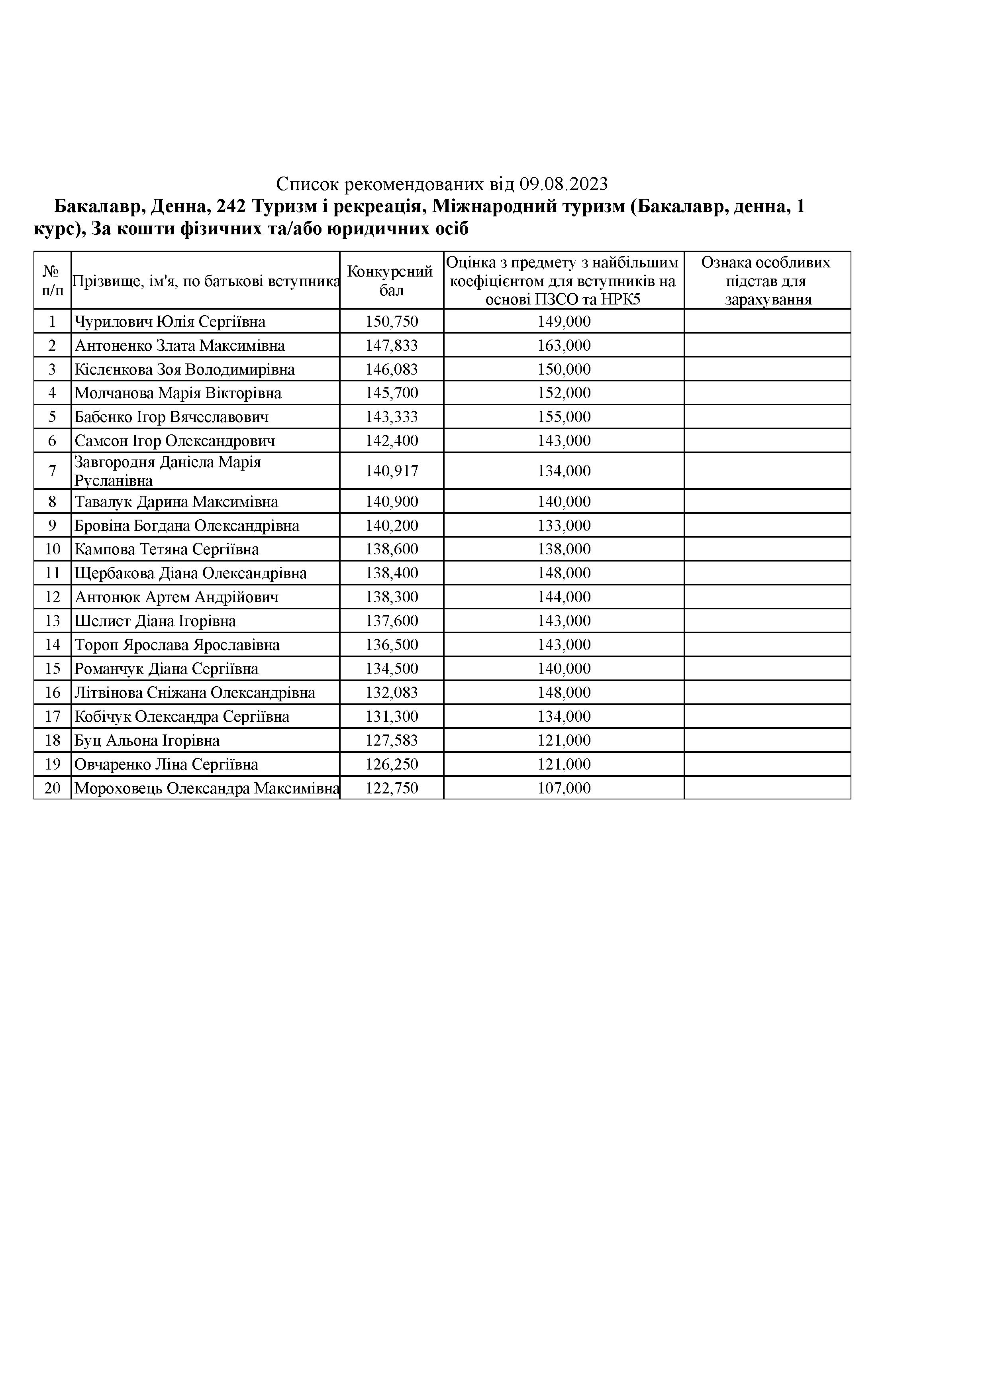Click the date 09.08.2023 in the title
[564, 183]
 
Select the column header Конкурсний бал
[391, 280]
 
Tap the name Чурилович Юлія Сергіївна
[170, 322]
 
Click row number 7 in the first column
[52, 471]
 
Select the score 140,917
[392, 471]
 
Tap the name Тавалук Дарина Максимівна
[176, 502]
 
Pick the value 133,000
[564, 526]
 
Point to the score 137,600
[392, 621]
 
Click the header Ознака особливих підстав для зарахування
[766, 281]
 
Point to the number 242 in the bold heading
[231, 207]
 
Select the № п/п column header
[52, 280]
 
